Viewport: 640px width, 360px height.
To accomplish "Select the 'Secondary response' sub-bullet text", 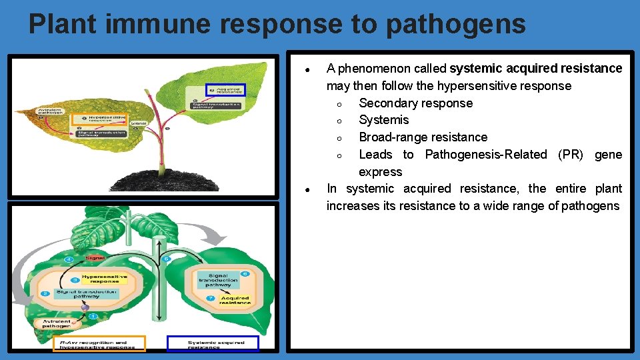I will click(x=415, y=103).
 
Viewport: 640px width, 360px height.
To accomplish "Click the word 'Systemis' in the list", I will click(x=383, y=120).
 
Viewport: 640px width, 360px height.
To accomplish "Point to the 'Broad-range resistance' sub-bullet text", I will click(x=423, y=137).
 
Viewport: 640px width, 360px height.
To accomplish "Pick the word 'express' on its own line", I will click(x=380, y=172).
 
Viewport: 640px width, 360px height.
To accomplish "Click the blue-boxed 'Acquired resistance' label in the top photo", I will click(x=226, y=90).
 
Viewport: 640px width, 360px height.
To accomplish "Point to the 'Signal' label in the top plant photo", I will click(x=139, y=123).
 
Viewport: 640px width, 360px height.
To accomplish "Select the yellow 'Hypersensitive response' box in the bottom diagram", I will click(x=101, y=279).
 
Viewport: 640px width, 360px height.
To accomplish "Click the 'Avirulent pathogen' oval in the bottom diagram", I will click(x=57, y=325).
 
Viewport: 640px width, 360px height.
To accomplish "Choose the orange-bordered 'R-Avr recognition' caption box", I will click(x=99, y=344).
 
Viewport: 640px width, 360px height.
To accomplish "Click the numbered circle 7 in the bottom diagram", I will click(x=211, y=297).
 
